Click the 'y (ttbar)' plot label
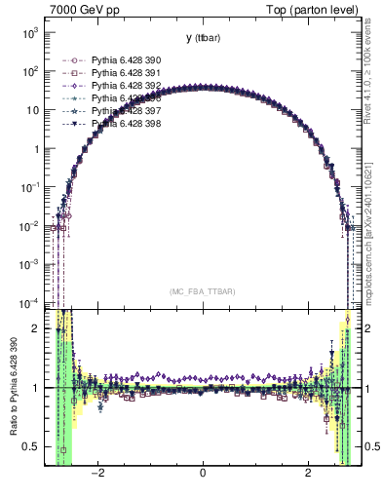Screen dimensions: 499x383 pos(202,38)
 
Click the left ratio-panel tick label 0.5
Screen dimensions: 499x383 pos(33,447)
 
